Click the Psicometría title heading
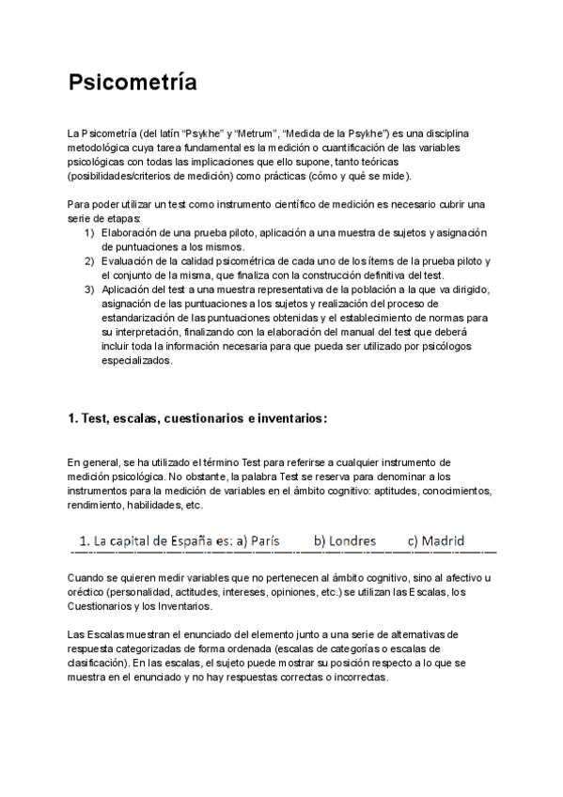click(133, 83)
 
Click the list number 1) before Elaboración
click(89, 232)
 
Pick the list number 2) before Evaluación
click(89, 260)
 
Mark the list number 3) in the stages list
click(89, 289)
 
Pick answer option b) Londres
click(345, 541)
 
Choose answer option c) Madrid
click(435, 541)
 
